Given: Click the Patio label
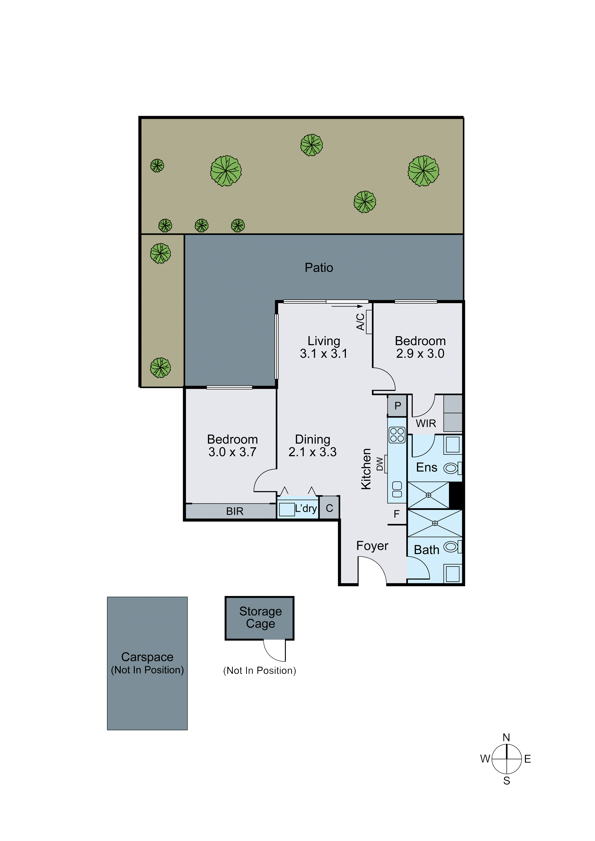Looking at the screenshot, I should [x=319, y=268].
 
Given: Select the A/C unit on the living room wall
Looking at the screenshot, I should [x=369, y=322].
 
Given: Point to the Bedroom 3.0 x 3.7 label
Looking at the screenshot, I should [x=232, y=445].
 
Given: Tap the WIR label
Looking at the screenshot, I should [x=426, y=423].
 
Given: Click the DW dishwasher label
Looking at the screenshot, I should [x=380, y=464].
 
